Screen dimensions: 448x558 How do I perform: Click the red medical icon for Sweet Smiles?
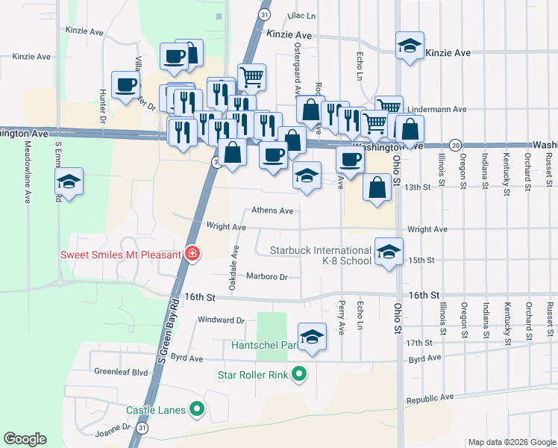coord(192,255)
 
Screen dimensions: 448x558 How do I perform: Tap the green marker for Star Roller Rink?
coord(299,374)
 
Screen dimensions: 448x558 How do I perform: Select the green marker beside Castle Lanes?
coord(197,409)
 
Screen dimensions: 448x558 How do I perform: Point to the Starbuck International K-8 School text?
coord(321,255)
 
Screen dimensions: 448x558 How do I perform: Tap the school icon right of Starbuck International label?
coord(389,252)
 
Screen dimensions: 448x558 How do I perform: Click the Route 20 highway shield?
coord(456,145)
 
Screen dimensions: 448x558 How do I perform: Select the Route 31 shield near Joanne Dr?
coord(142,429)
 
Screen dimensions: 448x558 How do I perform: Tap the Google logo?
coord(25,439)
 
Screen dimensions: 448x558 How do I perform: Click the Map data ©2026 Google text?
coord(511,442)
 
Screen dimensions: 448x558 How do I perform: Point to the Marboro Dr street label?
coord(267,276)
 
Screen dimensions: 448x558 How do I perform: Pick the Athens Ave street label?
coord(272,211)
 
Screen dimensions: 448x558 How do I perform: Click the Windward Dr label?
coord(221,320)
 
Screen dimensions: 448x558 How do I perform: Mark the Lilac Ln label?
coord(301,15)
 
